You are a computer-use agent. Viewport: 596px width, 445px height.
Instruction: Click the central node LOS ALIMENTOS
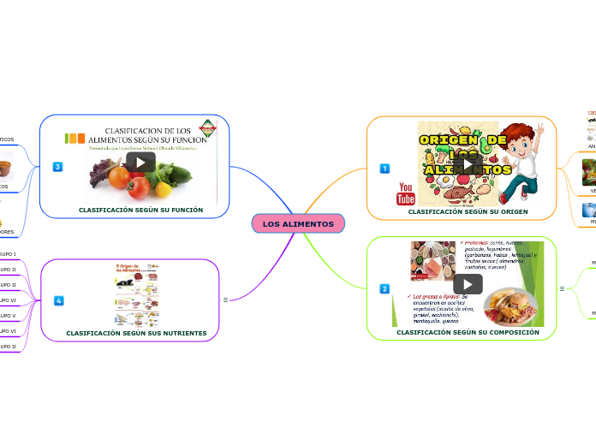[x=298, y=223]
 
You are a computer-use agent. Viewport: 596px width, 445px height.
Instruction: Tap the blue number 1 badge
[x=384, y=169]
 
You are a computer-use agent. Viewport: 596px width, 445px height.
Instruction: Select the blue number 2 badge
[x=384, y=289]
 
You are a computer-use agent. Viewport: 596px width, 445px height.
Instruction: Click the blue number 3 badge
[x=58, y=166]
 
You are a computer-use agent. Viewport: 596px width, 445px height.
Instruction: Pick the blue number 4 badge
[x=58, y=300]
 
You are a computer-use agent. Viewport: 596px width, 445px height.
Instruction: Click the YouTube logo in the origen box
[x=406, y=193]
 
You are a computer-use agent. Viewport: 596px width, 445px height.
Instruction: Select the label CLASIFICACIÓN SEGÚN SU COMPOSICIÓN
[x=468, y=332]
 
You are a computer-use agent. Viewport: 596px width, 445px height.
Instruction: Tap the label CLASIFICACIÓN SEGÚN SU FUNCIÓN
[x=140, y=210]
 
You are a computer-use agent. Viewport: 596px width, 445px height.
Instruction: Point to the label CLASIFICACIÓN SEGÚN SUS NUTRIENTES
[x=136, y=333]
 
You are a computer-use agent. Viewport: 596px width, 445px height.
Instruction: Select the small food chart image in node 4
[x=136, y=294]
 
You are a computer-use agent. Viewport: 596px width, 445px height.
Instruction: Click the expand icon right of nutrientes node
[x=225, y=300]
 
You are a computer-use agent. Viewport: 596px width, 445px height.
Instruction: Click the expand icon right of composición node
[x=562, y=289]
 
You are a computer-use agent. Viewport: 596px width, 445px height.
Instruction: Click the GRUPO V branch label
[x=8, y=316]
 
